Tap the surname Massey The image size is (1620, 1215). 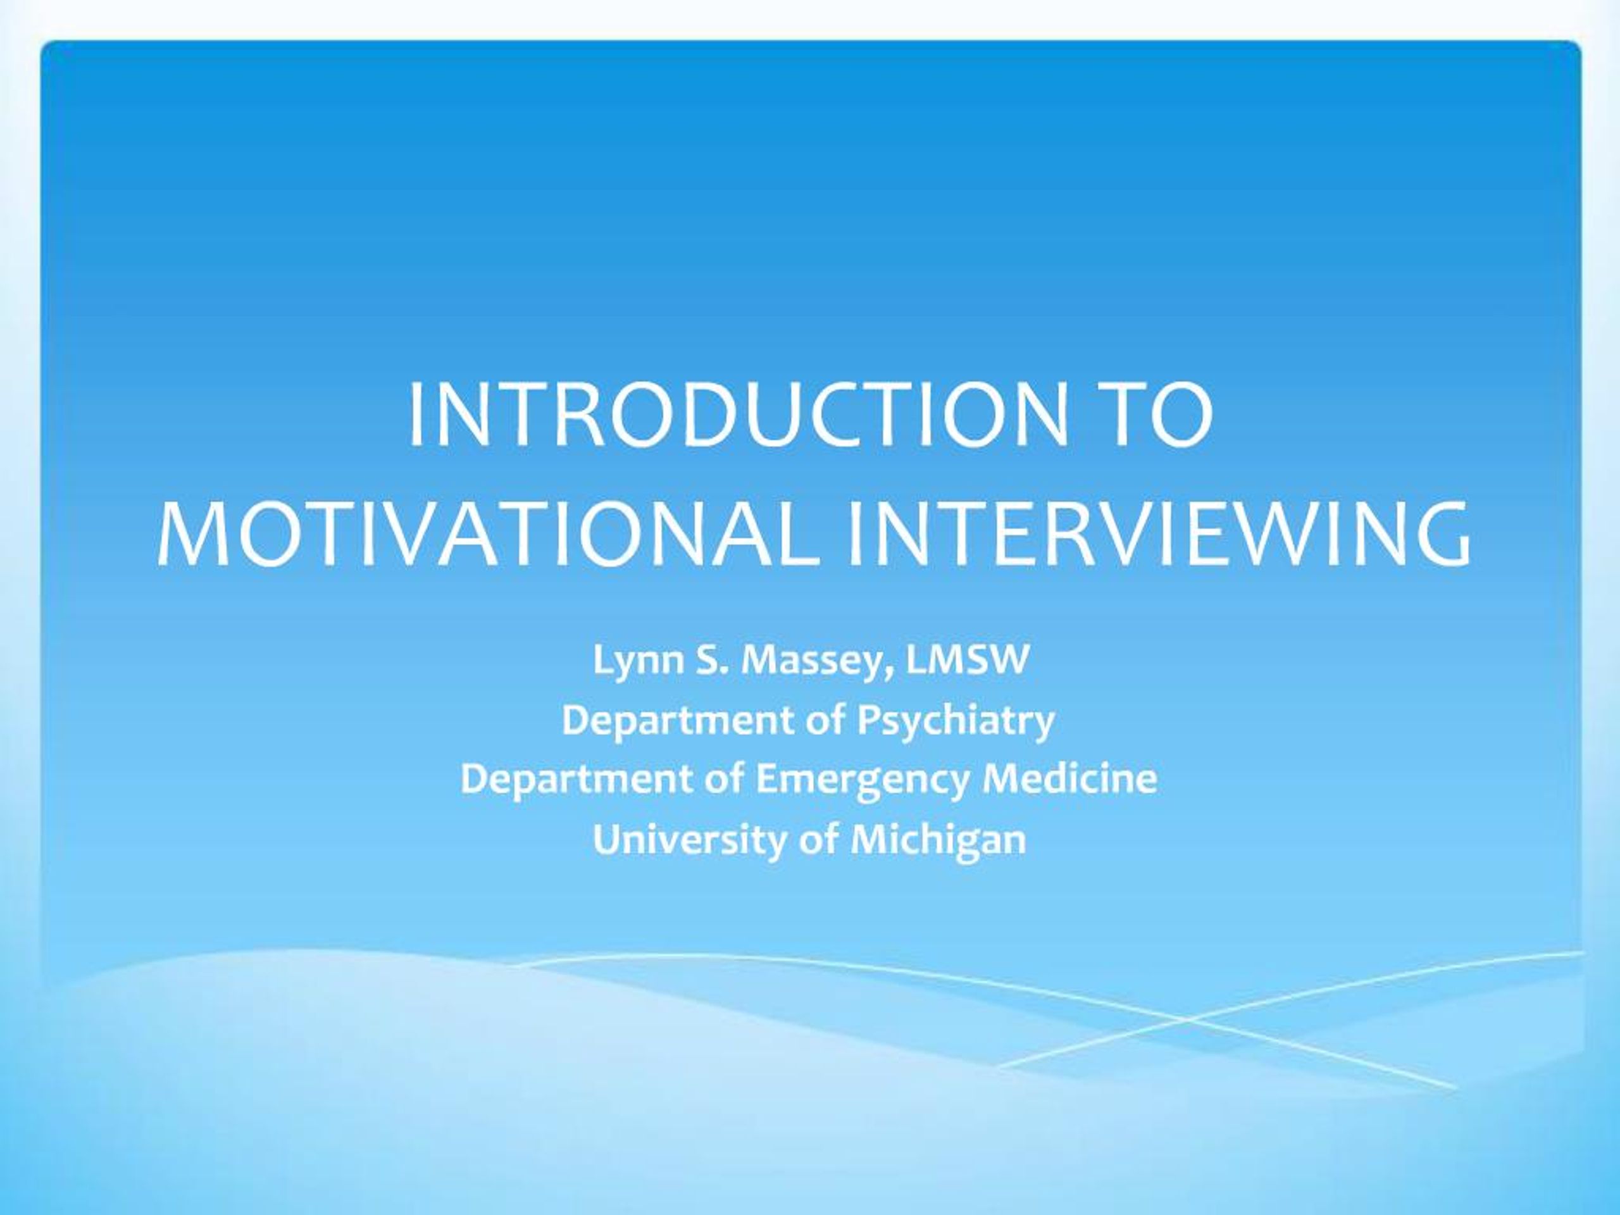coord(814,661)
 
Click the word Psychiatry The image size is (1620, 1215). coord(956,721)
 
